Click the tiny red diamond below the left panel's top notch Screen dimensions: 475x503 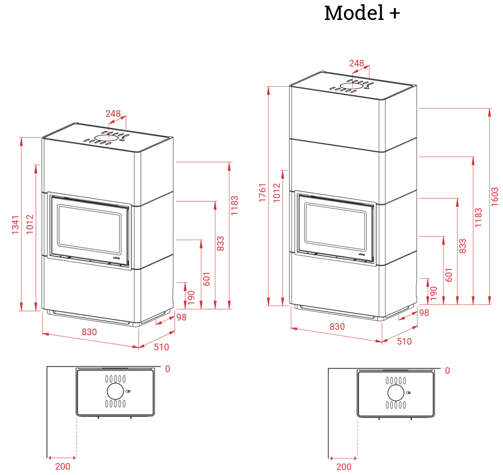[109, 137]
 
